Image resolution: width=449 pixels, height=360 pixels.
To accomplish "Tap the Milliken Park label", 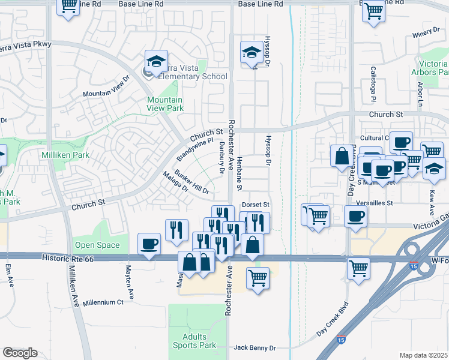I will coord(65,155).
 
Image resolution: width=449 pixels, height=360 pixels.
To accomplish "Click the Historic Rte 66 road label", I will coord(68,257).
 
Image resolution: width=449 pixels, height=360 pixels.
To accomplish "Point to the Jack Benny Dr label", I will coord(255,348).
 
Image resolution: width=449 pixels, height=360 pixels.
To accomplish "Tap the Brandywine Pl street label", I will coord(195,150).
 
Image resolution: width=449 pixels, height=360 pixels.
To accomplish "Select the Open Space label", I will coord(97,245).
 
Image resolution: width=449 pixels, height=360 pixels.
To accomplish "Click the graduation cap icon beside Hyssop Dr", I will coord(252,52).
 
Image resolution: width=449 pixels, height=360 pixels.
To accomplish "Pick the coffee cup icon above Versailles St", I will coord(355,216).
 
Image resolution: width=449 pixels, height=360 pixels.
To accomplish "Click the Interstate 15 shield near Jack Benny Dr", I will coord(340,340).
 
